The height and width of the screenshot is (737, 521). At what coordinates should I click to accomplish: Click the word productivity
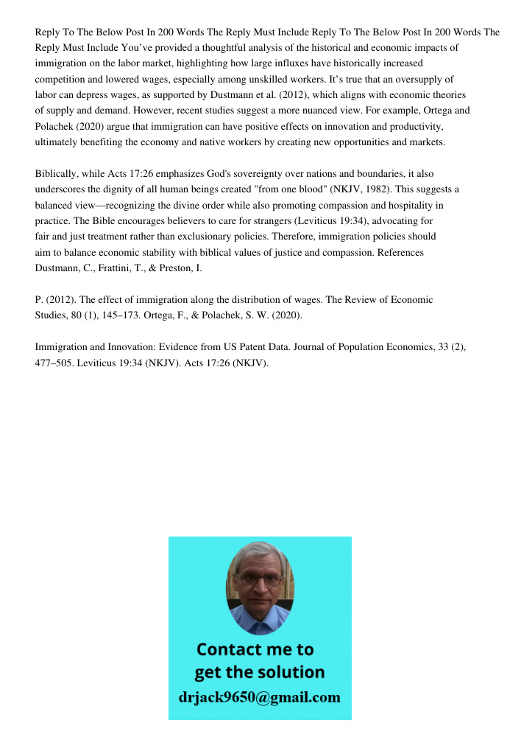(414, 126)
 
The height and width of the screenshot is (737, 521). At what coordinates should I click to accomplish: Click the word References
(399, 253)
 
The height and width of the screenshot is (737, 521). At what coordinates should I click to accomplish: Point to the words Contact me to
(255, 649)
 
